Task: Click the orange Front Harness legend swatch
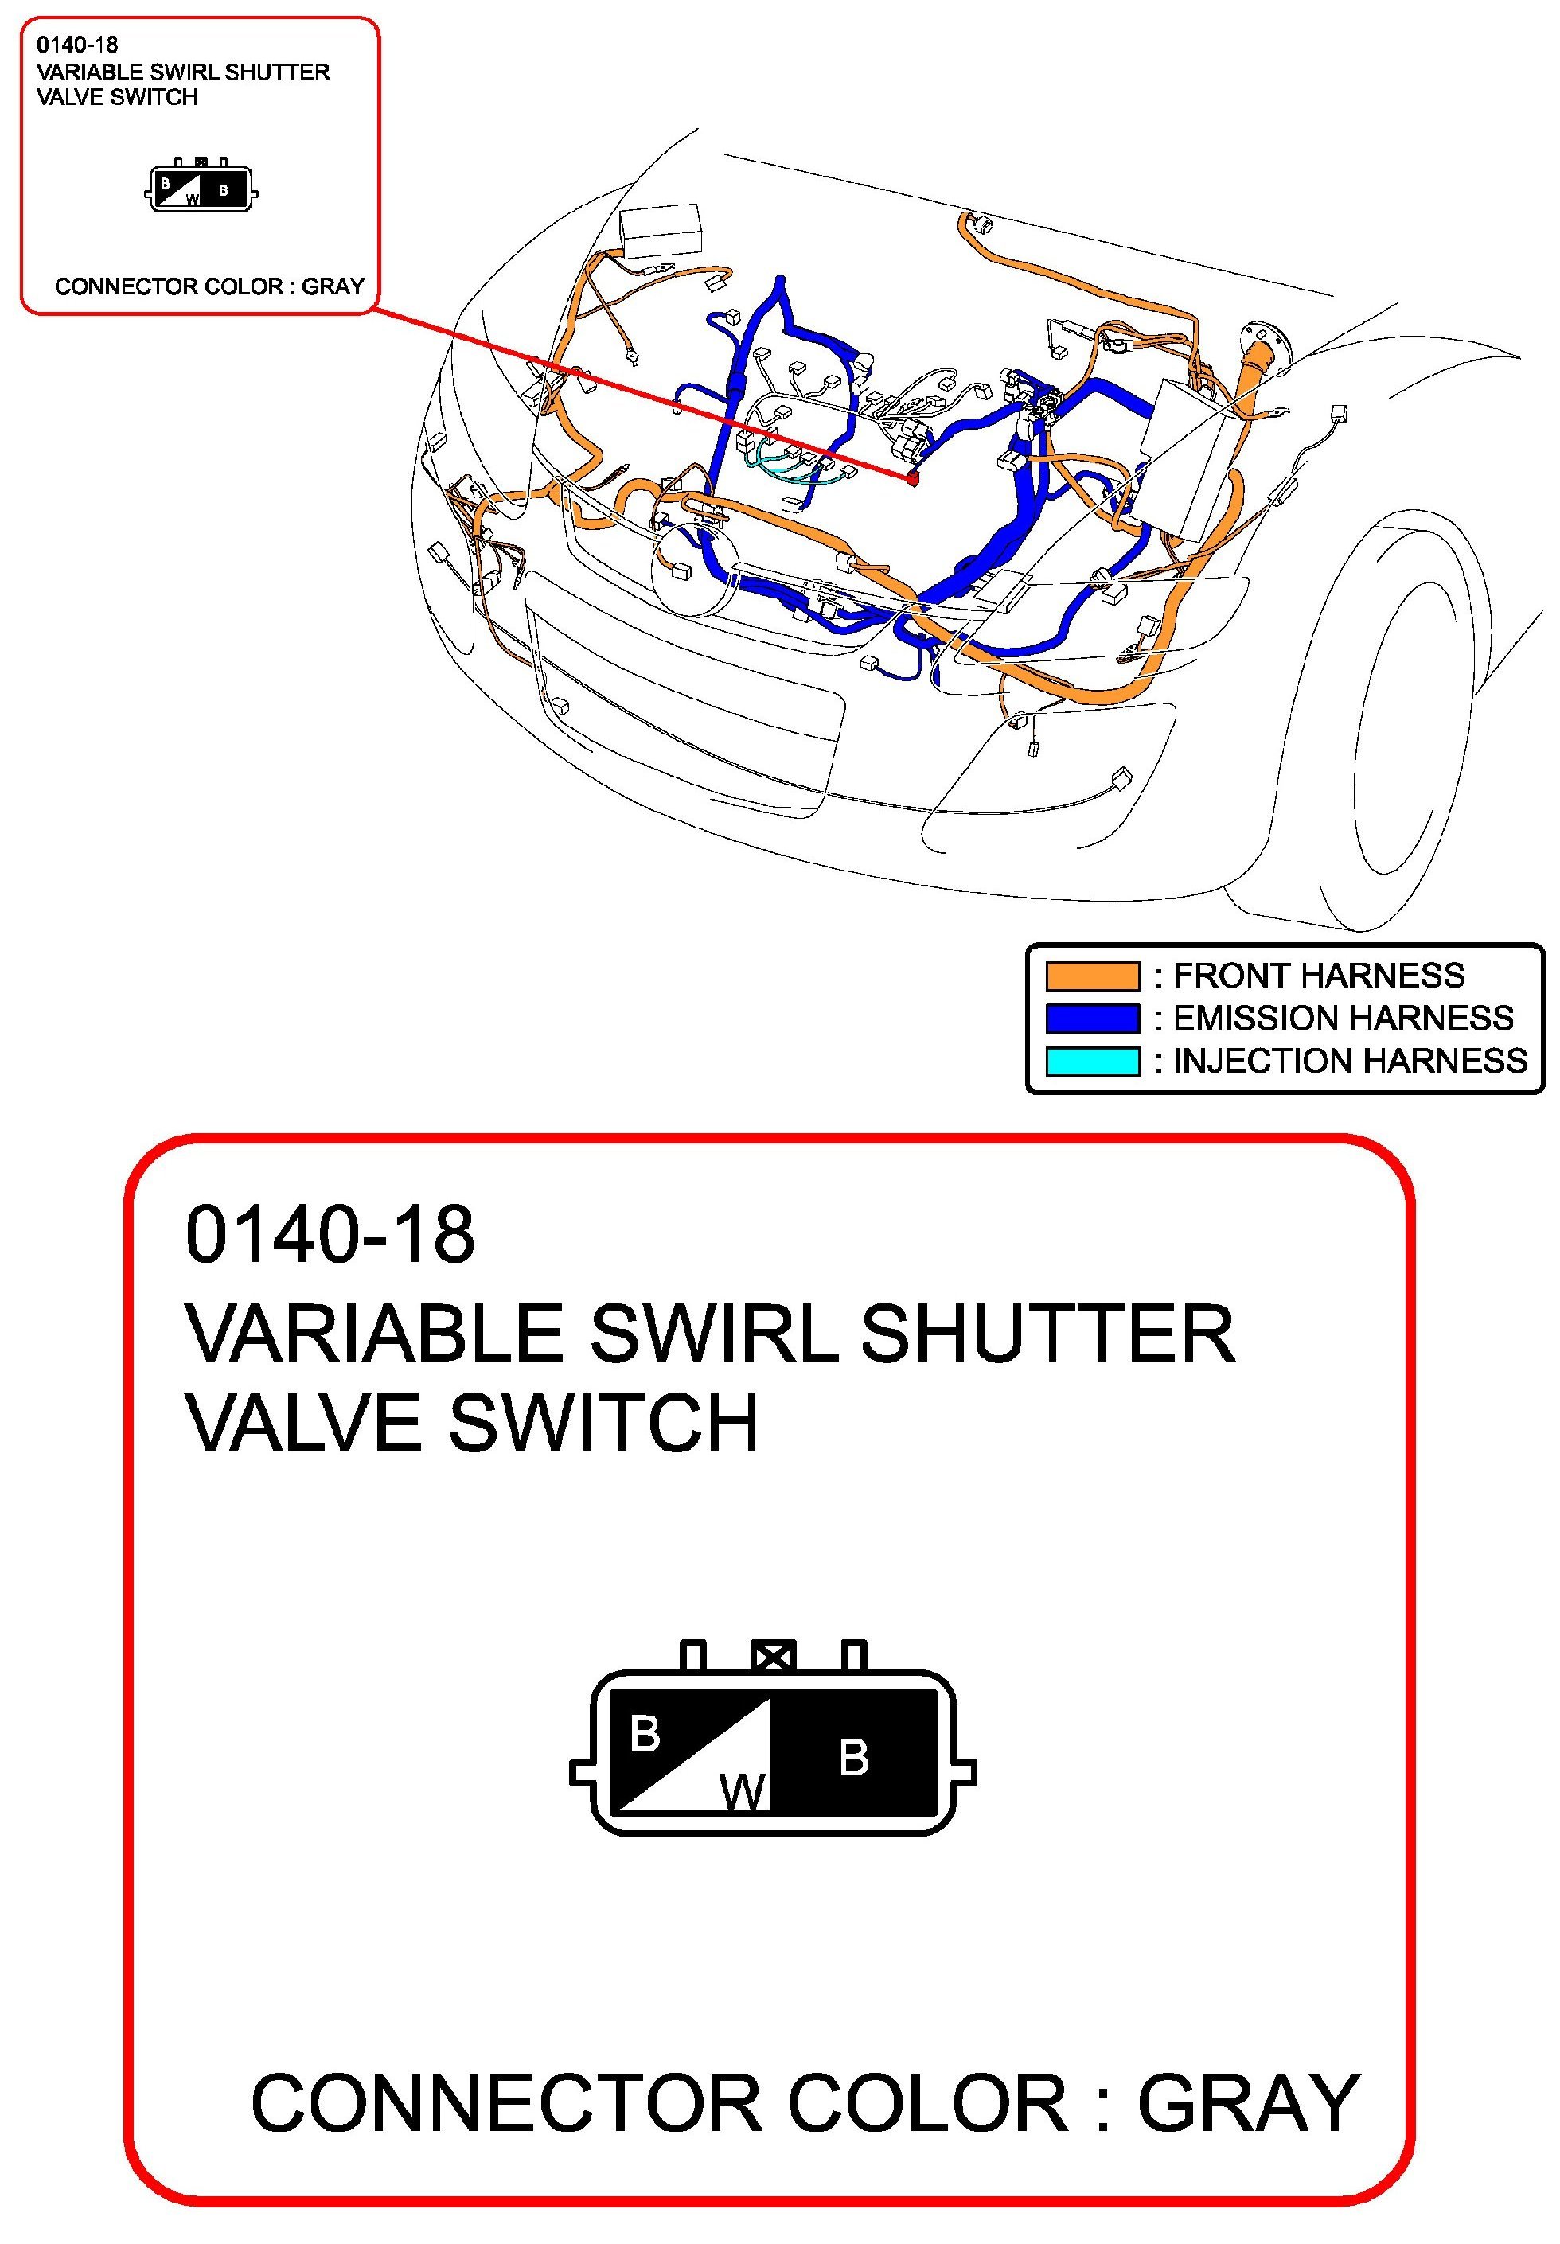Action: (1092, 976)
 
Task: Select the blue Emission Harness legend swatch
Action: (1092, 1018)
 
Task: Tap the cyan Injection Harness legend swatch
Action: (1092, 1061)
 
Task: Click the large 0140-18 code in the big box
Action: (330, 1234)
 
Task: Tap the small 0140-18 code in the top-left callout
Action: (77, 45)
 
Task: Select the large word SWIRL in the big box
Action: (715, 1333)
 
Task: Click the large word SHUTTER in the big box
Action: (1047, 1333)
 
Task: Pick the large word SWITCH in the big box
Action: (603, 1423)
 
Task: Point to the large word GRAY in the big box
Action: (1248, 2102)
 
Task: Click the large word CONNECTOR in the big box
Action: (506, 2102)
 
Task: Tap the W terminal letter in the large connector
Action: (743, 1792)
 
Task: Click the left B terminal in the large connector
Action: (645, 1735)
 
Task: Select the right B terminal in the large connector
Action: (853, 1758)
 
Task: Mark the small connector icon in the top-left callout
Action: (201, 185)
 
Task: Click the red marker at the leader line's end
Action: (913, 479)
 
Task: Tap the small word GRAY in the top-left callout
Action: (333, 286)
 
